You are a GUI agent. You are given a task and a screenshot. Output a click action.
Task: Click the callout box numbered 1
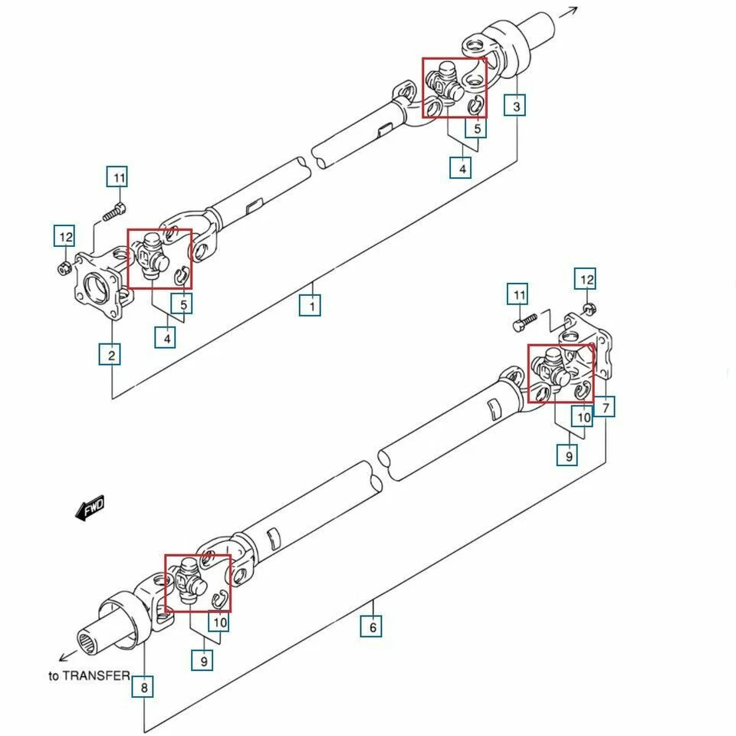click(x=310, y=306)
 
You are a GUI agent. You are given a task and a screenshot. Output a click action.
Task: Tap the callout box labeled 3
click(x=516, y=106)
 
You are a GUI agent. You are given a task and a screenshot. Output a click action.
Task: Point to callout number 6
click(x=372, y=627)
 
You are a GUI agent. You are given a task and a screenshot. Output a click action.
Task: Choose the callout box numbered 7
click(x=605, y=407)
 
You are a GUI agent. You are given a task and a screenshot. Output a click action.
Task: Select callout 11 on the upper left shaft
click(x=117, y=178)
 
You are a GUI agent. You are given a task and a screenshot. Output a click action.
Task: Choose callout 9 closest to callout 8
click(x=202, y=659)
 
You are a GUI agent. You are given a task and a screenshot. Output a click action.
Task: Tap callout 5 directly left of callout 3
click(x=476, y=128)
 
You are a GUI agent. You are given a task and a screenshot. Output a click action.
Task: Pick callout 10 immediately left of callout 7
click(x=583, y=417)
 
